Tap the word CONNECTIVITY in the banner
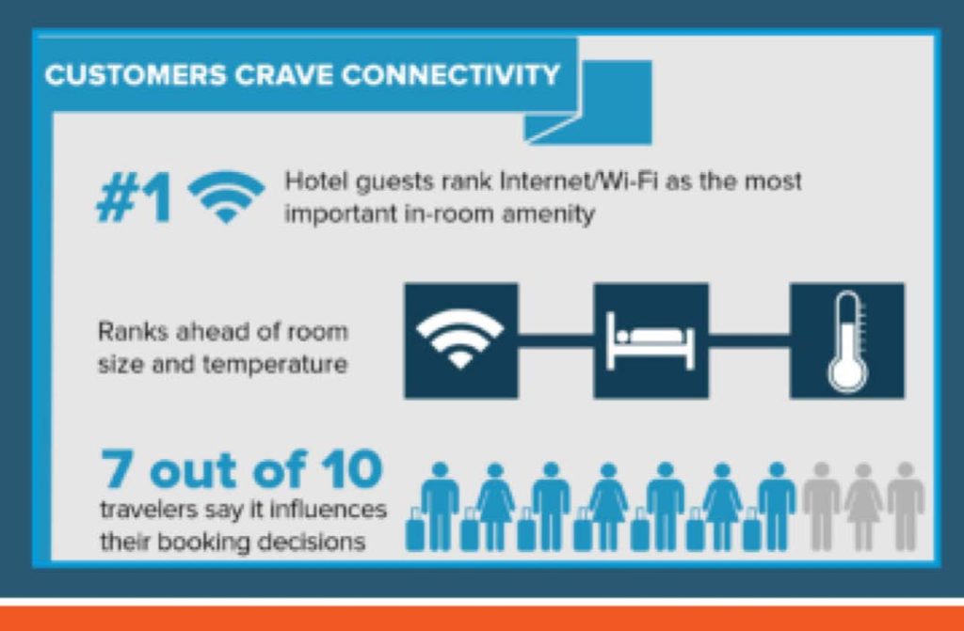coord(449,75)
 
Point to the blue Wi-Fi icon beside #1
coord(226,197)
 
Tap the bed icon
coord(651,340)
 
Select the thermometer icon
coord(846,341)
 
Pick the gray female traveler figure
coord(864,507)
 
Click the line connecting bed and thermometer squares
coord(748,339)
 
